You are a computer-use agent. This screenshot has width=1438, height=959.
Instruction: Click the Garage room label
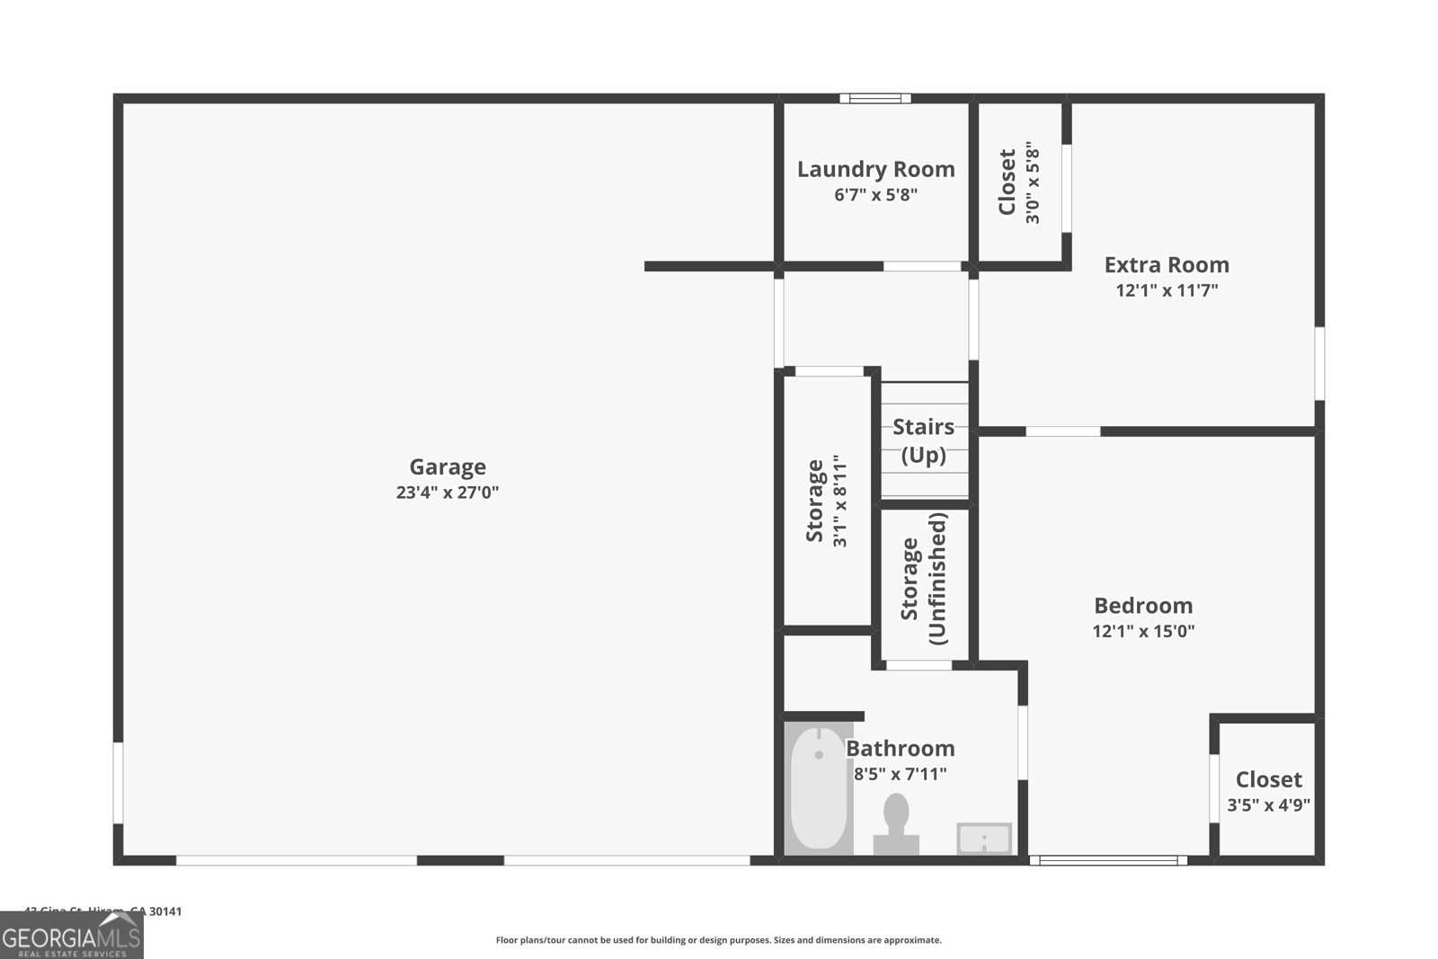[447, 466]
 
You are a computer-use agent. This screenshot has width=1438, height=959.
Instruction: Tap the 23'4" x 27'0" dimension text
[447, 493]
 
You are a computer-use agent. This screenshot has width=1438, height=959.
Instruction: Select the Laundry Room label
[875, 169]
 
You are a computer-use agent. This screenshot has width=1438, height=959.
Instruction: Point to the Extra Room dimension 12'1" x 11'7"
[1167, 290]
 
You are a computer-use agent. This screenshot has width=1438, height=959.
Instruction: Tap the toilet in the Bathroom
[896, 822]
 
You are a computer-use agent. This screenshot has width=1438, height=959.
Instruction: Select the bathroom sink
[984, 839]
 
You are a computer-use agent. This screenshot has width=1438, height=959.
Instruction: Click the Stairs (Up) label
[923, 440]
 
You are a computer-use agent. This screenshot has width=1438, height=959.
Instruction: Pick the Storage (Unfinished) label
[923, 579]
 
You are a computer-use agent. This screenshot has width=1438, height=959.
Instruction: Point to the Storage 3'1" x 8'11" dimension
[840, 502]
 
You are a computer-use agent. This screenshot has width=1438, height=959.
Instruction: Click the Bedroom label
[1143, 605]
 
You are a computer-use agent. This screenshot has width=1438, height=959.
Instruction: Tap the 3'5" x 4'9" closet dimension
[1268, 805]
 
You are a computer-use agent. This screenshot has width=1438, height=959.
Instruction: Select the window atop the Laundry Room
[875, 98]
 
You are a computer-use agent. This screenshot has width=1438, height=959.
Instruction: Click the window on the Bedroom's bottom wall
[1108, 860]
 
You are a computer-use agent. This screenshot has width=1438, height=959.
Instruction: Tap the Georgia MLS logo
[72, 937]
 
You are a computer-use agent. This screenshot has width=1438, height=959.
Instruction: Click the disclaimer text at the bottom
[718, 940]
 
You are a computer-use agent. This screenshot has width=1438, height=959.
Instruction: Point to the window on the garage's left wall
[118, 782]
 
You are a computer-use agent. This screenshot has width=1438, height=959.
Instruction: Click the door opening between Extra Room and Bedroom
[1062, 431]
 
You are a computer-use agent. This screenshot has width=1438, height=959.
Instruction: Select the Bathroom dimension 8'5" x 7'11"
[900, 774]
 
